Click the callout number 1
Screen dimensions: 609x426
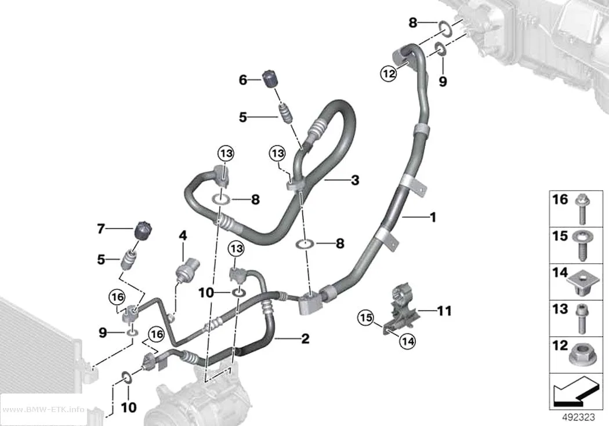click(x=433, y=217)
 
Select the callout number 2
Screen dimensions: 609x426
click(x=305, y=338)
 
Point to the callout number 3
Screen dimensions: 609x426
click(x=355, y=180)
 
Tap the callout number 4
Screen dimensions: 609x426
click(x=183, y=235)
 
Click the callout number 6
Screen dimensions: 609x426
click(x=243, y=81)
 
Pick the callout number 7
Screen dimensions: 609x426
click(x=101, y=229)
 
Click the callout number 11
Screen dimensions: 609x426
click(x=444, y=311)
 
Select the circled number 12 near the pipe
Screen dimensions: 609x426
click(x=389, y=72)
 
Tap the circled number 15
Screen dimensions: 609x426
click(x=365, y=319)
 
